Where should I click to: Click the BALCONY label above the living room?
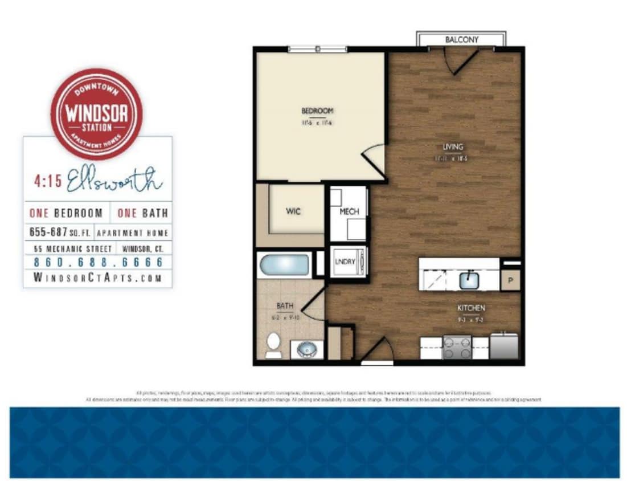pyautogui.click(x=461, y=40)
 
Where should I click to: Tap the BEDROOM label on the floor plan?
pyautogui.click(x=317, y=111)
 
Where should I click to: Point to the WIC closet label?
pyautogui.click(x=293, y=211)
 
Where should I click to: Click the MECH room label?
pyautogui.click(x=349, y=211)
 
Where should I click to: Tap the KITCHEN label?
pyautogui.click(x=471, y=308)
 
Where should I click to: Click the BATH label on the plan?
pyautogui.click(x=284, y=306)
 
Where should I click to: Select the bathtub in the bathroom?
pyautogui.click(x=284, y=266)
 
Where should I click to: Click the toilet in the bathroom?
pyautogui.click(x=273, y=344)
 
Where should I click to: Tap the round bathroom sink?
pyautogui.click(x=308, y=348)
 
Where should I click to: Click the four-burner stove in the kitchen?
pyautogui.click(x=457, y=347)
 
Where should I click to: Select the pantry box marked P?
pyautogui.click(x=510, y=280)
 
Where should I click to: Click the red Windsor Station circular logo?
pyautogui.click(x=96, y=113)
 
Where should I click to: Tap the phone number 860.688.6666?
pyautogui.click(x=98, y=263)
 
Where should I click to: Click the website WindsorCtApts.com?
pyautogui.click(x=98, y=278)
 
